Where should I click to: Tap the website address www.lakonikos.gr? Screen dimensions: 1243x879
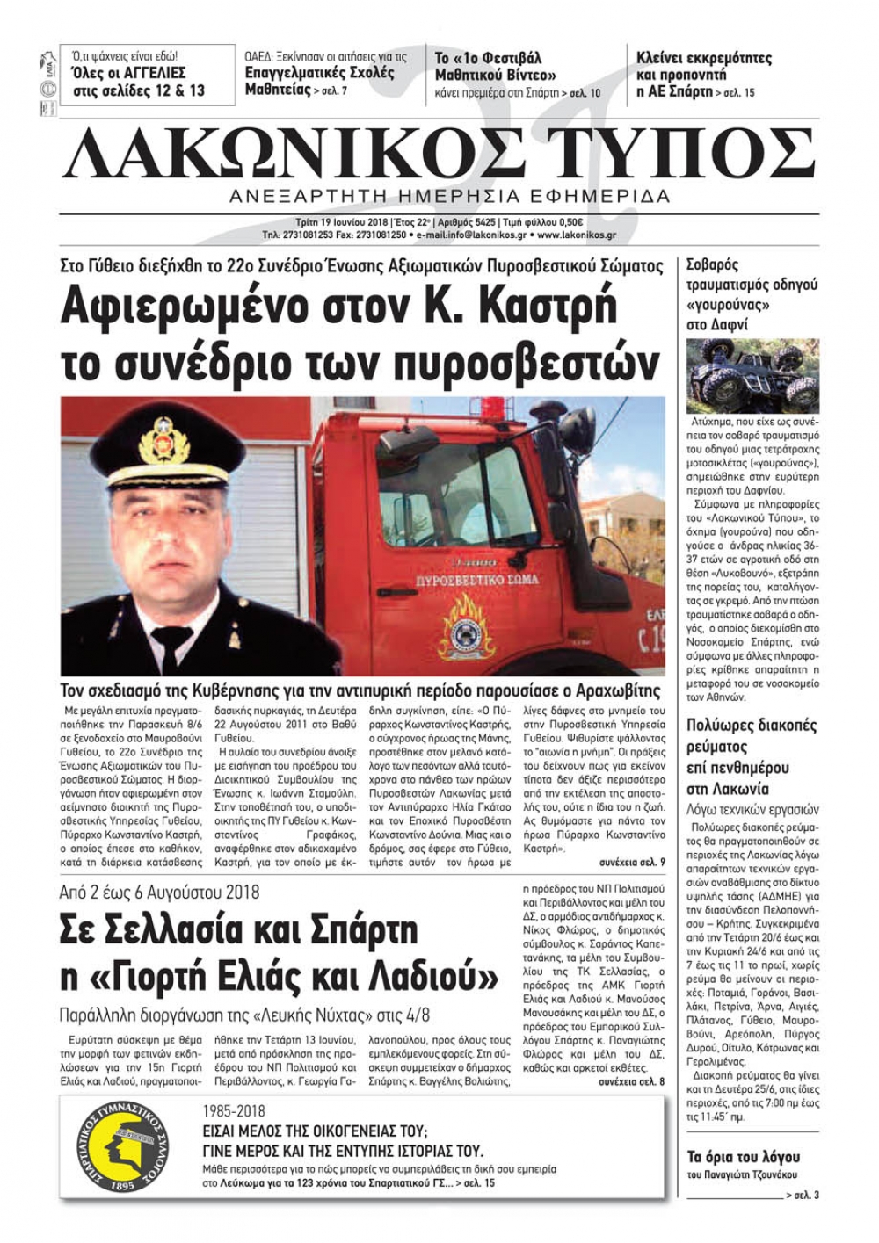pyautogui.click(x=576, y=235)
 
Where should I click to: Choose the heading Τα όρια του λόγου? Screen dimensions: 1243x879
pyautogui.click(x=743, y=1157)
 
